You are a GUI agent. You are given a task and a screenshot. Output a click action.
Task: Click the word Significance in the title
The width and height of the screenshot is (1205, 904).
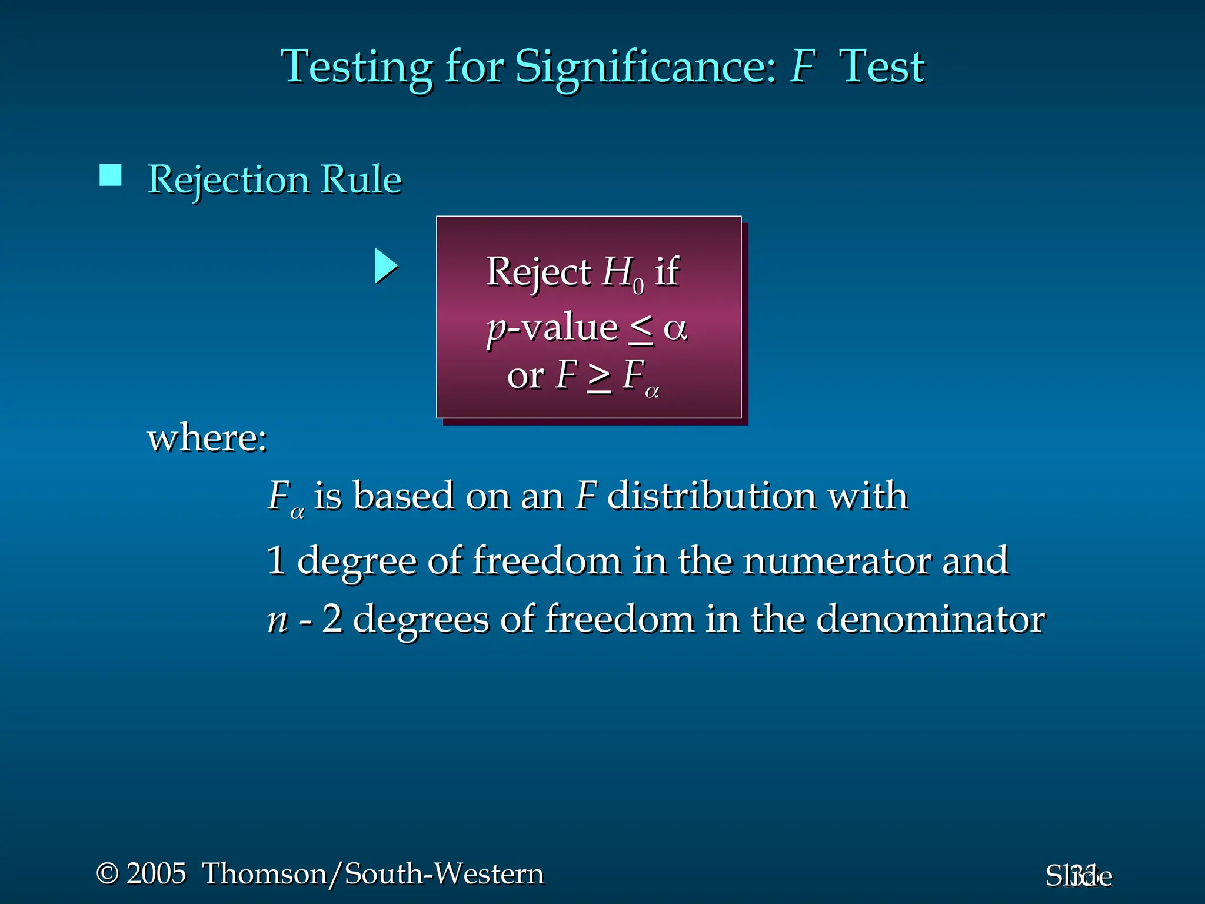[645, 67]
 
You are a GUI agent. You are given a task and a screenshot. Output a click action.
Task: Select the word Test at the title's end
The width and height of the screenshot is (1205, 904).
[882, 67]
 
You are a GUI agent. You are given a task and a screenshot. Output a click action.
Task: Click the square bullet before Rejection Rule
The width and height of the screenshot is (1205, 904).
[111, 175]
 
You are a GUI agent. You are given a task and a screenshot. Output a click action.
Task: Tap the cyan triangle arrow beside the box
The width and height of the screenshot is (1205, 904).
[385, 266]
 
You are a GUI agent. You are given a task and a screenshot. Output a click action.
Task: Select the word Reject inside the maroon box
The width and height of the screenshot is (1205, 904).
[538, 272]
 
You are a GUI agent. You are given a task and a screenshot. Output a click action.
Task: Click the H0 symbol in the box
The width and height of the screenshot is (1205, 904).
[623, 274]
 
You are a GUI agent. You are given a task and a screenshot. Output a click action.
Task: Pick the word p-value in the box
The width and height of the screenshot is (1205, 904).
[552, 327]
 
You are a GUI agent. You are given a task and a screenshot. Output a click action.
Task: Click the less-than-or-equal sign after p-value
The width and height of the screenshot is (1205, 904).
[641, 328]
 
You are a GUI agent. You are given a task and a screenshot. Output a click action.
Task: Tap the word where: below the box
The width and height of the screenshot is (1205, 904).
[207, 438]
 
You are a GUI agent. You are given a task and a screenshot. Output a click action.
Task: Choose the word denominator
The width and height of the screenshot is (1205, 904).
[930, 619]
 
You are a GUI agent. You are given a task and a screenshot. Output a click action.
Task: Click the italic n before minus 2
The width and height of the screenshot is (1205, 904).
[278, 620]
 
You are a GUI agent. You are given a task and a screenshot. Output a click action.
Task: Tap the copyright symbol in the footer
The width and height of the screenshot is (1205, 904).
[107, 873]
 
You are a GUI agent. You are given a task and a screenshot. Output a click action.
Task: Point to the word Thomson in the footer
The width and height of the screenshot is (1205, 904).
[265, 873]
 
